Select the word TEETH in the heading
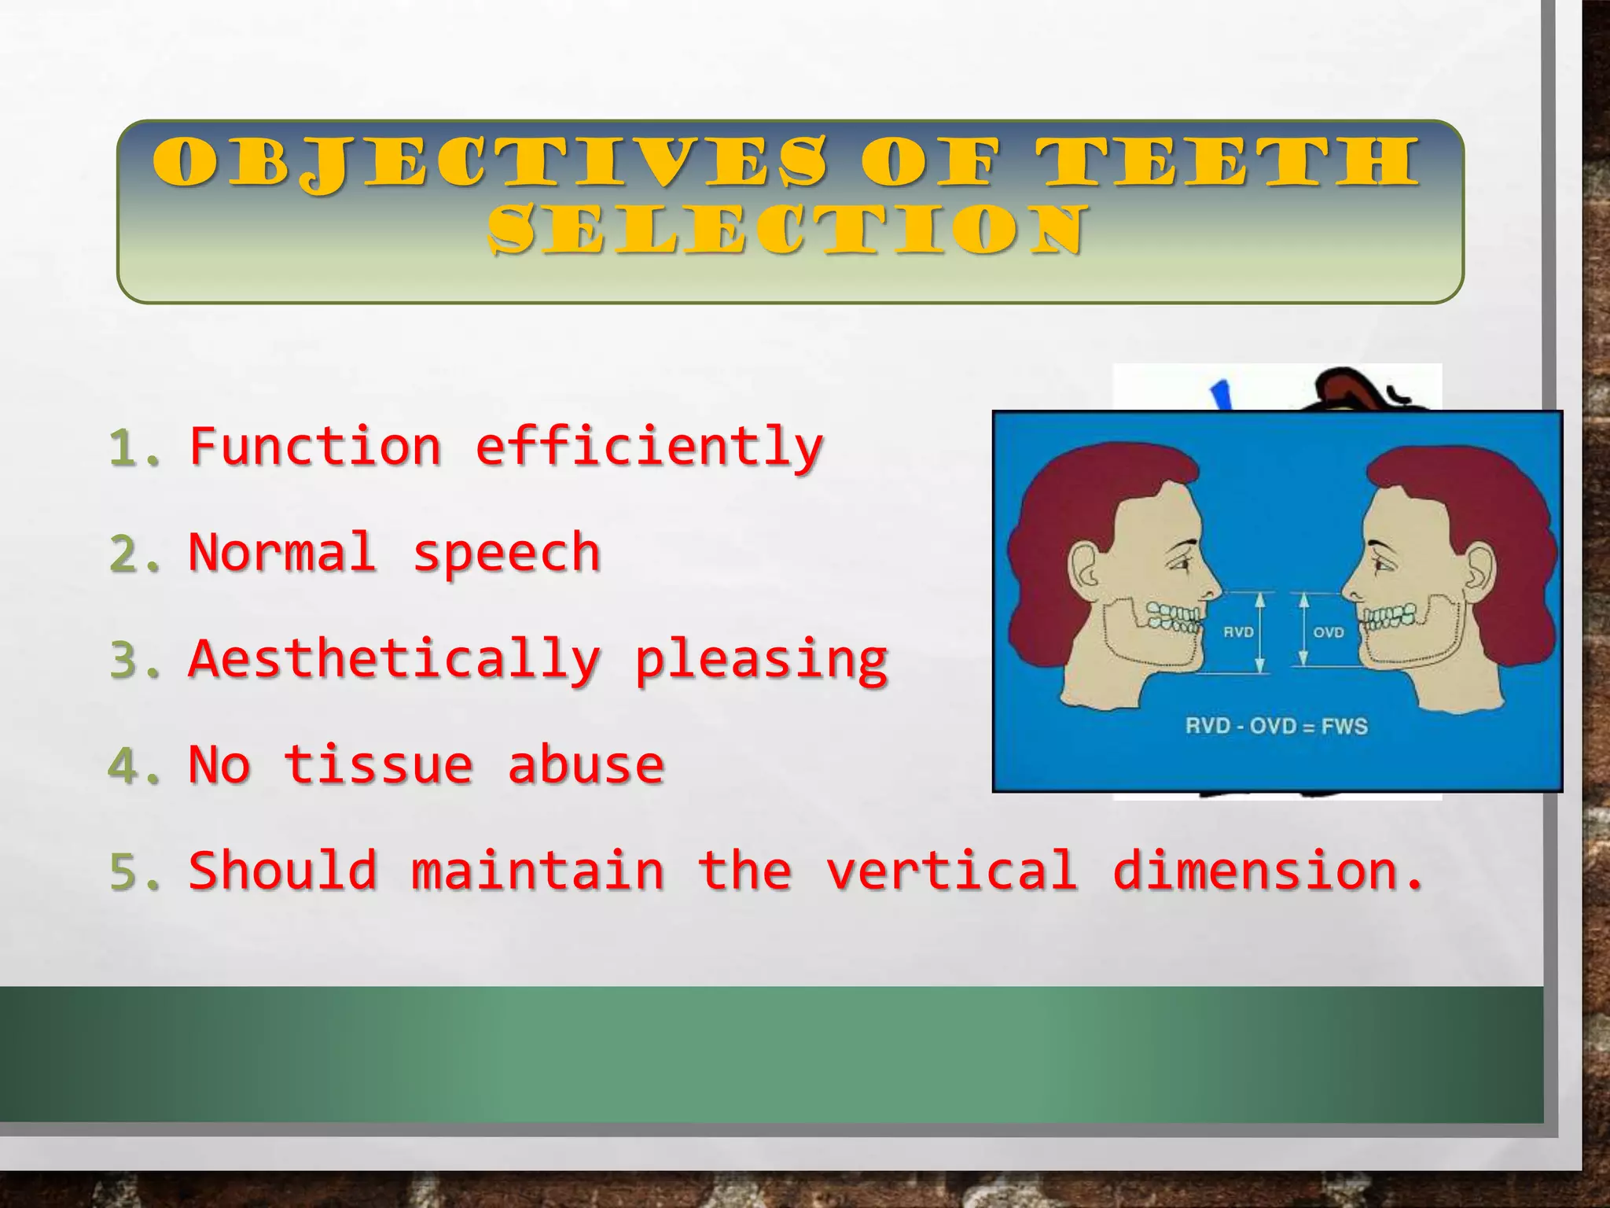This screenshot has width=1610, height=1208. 1227,164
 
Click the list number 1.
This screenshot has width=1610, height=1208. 134,448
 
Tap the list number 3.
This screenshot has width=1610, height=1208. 134,661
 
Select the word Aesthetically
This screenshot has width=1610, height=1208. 395,661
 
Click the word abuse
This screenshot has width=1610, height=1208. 586,765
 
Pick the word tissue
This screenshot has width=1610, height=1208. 378,765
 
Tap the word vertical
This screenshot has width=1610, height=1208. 951,871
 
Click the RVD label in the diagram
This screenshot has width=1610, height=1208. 1238,632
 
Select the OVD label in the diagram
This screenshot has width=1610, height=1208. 1329,632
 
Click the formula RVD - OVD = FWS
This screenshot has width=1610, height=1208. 1277,725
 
